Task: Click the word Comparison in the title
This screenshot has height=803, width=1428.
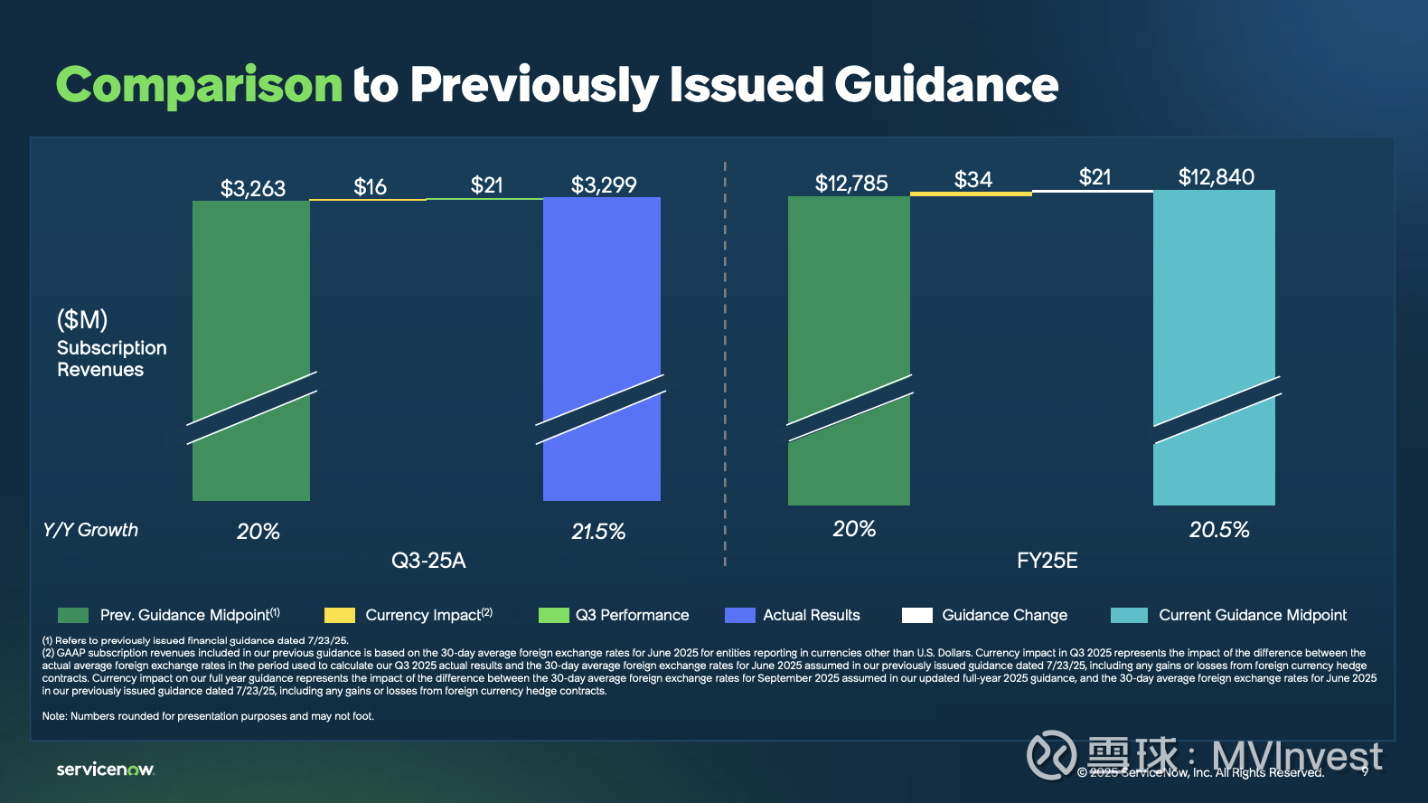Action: tap(199, 85)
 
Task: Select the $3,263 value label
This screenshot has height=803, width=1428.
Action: tap(253, 188)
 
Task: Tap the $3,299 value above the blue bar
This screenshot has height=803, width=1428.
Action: tap(604, 185)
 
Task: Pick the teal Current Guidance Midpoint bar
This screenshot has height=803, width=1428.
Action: tap(1214, 289)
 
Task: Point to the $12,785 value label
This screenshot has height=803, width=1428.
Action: tap(851, 184)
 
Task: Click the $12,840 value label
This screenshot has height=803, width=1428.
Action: tap(1216, 177)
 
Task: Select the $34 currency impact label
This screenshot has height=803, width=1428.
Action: tap(972, 180)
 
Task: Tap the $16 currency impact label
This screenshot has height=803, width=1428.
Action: tap(370, 187)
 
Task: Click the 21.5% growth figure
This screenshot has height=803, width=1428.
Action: tap(598, 532)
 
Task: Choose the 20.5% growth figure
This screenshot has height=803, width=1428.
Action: tap(1219, 530)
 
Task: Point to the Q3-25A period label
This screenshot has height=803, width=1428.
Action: tap(428, 561)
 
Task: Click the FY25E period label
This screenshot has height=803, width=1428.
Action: tap(1047, 561)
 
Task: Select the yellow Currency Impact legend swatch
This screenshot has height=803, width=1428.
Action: tap(340, 616)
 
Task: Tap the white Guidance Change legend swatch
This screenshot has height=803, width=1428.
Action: tap(916, 616)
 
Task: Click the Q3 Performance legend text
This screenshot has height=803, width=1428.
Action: tap(632, 615)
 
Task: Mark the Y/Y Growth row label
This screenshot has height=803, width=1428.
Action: tap(90, 530)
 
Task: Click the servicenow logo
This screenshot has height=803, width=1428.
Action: tap(106, 770)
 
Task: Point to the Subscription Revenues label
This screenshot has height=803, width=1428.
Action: tap(111, 359)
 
